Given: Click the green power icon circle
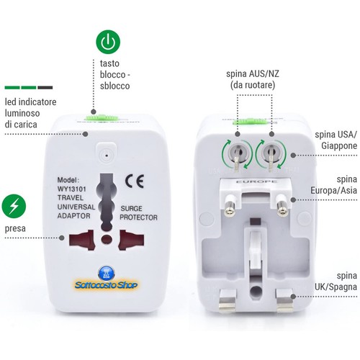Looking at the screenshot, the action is click(108, 42).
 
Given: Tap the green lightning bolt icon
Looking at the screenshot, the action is click(14, 206).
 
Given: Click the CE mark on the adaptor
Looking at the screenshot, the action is click(135, 181).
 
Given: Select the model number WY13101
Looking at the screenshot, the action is click(71, 189).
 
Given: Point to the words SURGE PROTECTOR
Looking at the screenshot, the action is click(138, 213).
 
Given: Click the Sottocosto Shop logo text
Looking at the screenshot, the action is click(106, 285).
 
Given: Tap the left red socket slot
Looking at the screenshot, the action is click(81, 240).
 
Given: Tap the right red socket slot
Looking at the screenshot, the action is click(131, 240).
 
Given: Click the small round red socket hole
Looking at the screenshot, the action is click(107, 239).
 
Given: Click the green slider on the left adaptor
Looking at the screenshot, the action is click(102, 118).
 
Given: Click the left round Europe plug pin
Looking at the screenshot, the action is click(230, 207).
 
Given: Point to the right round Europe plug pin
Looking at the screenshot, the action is click(282, 207).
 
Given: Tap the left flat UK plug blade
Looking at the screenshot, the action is click(227, 301).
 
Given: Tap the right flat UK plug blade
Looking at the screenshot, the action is click(284, 301).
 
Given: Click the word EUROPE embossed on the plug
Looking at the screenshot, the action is click(256, 181).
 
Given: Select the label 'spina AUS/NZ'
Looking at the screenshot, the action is click(253, 73).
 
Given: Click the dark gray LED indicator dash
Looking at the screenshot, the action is click(45, 88).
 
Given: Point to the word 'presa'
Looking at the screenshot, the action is click(15, 228).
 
